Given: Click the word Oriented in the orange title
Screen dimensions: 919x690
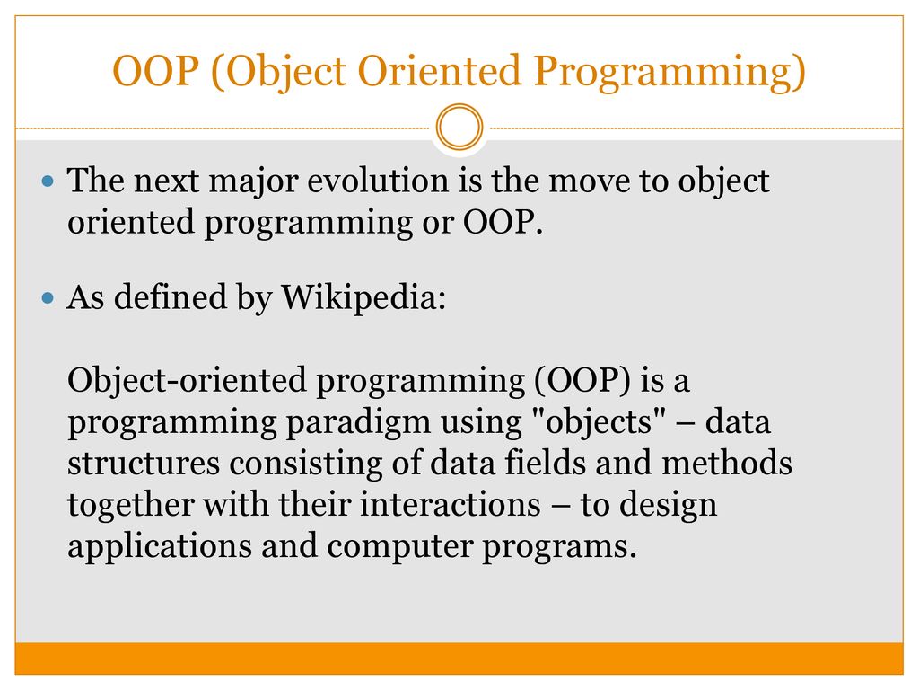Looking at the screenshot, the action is (439, 71).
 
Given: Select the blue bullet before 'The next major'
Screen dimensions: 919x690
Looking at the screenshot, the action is (48, 181).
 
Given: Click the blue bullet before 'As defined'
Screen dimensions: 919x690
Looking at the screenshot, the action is (48, 298).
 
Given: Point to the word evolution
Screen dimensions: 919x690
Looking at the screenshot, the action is (378, 180).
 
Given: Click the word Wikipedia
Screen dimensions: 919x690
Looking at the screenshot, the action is (363, 298).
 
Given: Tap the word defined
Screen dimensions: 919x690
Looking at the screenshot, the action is (170, 296).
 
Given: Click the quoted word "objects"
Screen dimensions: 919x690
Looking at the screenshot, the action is (599, 422).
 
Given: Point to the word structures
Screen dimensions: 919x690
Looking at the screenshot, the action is (144, 464).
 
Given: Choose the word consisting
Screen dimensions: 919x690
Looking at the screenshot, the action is (306, 464).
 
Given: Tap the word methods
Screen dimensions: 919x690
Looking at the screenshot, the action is (727, 463).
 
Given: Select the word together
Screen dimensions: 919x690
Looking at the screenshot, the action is (131, 506).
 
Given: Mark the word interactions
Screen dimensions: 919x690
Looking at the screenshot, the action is (451, 505).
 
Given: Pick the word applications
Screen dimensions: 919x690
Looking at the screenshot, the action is (160, 547).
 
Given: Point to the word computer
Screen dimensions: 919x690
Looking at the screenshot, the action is (399, 548).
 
